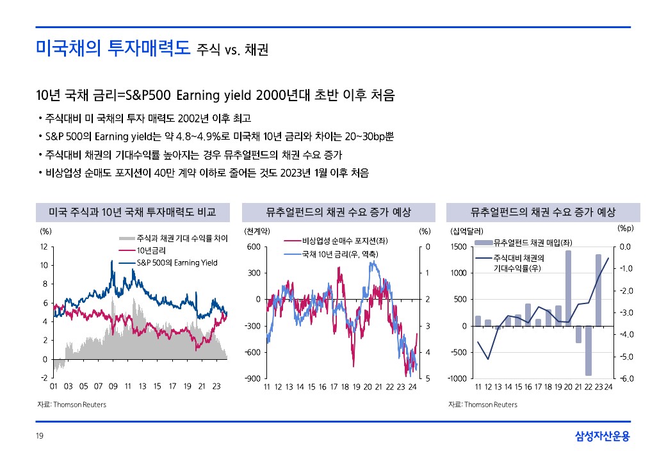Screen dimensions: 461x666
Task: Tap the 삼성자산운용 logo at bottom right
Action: click(x=602, y=437)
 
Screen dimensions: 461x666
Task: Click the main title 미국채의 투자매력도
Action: click(x=113, y=48)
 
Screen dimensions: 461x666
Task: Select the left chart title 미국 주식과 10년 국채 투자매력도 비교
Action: click(x=133, y=212)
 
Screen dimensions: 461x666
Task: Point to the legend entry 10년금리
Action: click(x=151, y=250)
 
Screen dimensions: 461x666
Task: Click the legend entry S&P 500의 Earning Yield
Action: click(x=177, y=263)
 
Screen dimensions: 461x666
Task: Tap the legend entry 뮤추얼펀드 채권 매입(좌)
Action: click(x=532, y=242)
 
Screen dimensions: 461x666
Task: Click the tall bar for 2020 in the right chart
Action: click(x=568, y=288)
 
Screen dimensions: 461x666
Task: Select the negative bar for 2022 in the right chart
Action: click(x=588, y=350)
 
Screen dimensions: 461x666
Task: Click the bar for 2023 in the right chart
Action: click(x=598, y=290)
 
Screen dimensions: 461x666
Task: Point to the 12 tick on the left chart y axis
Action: click(x=43, y=247)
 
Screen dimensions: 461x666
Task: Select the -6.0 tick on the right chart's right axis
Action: click(x=626, y=378)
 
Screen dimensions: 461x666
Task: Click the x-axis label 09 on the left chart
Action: click(x=113, y=387)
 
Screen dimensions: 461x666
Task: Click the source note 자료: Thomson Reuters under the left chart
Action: click(x=71, y=405)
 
